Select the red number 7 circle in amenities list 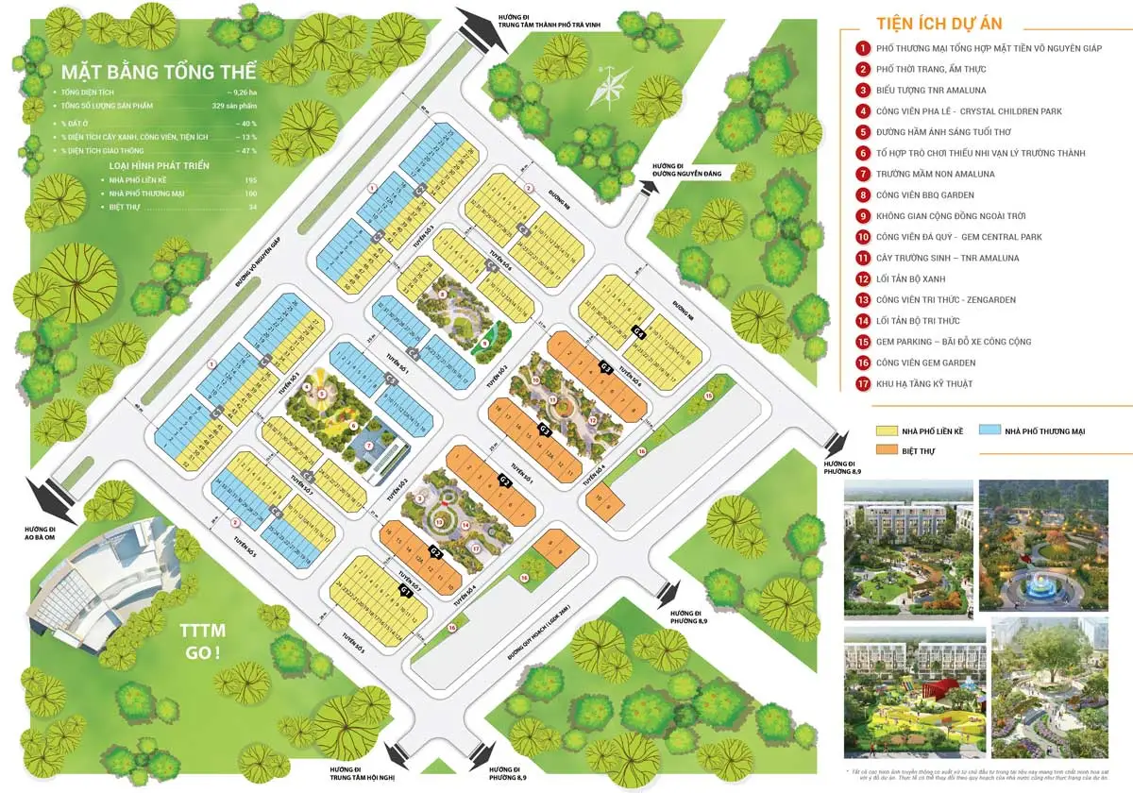coord(862,174)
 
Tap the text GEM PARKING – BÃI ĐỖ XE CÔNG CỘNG coord(954,342)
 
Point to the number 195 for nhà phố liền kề coord(250,179)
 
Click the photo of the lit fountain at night coord(1031,545)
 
